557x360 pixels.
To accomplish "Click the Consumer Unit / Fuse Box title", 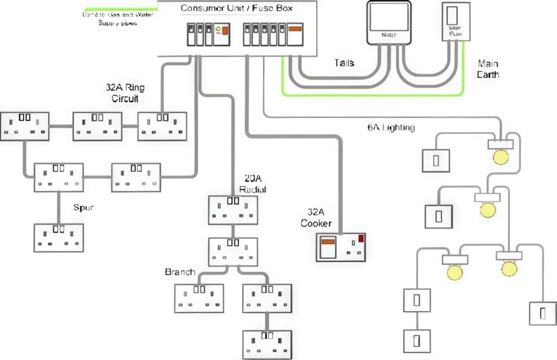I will (x=236, y=8).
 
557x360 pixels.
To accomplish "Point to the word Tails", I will (x=344, y=63).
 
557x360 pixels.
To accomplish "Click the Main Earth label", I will (x=488, y=69).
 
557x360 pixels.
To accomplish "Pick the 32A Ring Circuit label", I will (x=125, y=93).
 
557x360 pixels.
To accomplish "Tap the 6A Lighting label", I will (x=391, y=128).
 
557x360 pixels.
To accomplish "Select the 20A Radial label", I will (x=251, y=184).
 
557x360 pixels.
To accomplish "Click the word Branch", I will (x=180, y=272).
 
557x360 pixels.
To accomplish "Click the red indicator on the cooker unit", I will (x=361, y=238).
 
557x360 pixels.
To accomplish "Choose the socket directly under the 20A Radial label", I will (x=233, y=209).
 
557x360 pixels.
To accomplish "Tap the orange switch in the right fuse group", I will (x=295, y=28).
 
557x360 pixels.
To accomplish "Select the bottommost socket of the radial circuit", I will (x=267, y=344).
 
